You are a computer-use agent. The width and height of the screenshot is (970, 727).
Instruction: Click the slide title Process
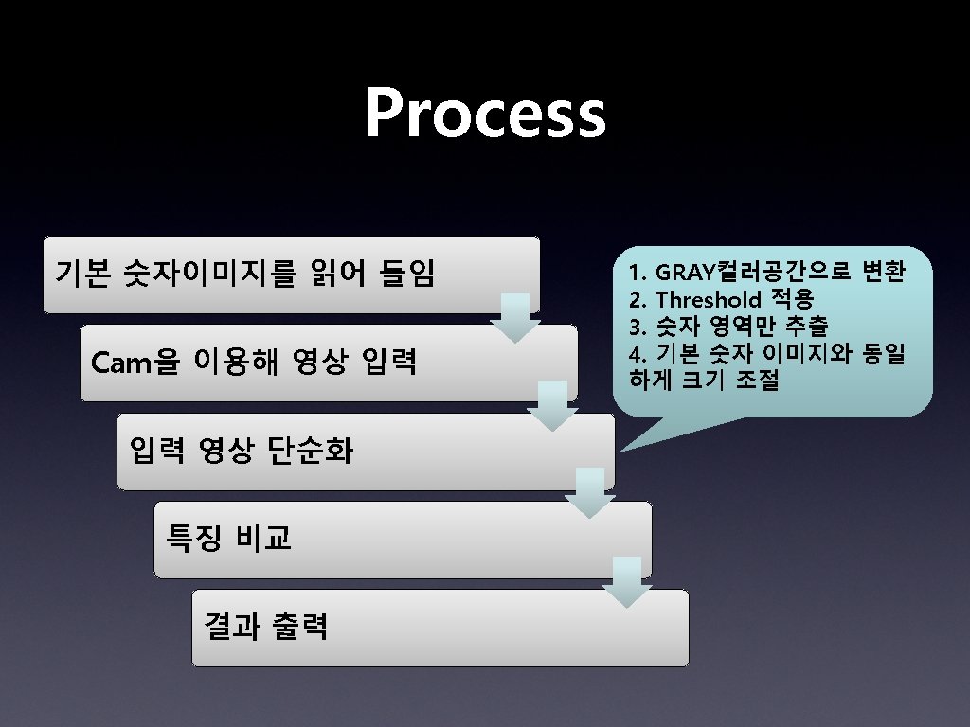(485, 114)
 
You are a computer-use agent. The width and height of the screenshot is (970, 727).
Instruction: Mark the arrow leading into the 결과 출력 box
(626, 581)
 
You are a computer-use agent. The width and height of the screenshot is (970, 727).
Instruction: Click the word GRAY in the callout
(681, 274)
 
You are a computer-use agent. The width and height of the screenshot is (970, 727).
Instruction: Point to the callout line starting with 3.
(727, 328)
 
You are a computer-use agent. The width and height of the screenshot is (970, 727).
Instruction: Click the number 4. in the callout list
(637, 355)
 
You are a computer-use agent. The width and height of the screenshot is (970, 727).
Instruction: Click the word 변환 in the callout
(884, 273)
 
